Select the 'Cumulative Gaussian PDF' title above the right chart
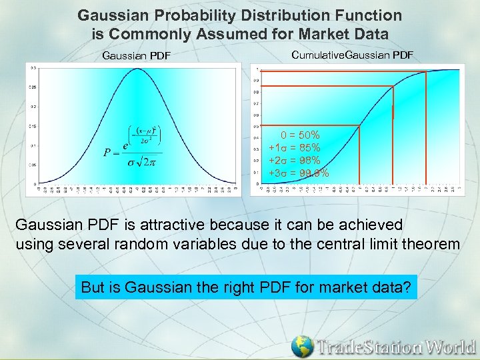click(x=353, y=53)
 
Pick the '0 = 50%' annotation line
click(x=300, y=135)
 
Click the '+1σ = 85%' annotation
click(x=294, y=147)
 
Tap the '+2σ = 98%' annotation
click(x=294, y=161)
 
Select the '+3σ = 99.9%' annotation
click(x=298, y=173)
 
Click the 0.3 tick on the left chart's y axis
click(x=33, y=67)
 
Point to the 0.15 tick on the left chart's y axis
click(x=33, y=125)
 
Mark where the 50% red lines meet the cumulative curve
click(x=360, y=125)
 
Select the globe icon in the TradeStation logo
click(x=302, y=346)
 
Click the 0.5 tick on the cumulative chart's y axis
click(x=256, y=126)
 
